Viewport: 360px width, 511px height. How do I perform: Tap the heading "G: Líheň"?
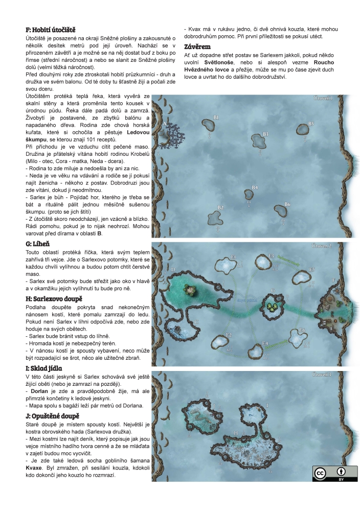41,243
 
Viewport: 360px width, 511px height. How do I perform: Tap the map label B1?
216,118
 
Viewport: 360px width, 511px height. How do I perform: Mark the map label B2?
221,208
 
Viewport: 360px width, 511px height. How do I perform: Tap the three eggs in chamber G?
272,306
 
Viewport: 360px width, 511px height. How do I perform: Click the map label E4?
265,343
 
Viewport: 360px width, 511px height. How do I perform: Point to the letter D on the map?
173,269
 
